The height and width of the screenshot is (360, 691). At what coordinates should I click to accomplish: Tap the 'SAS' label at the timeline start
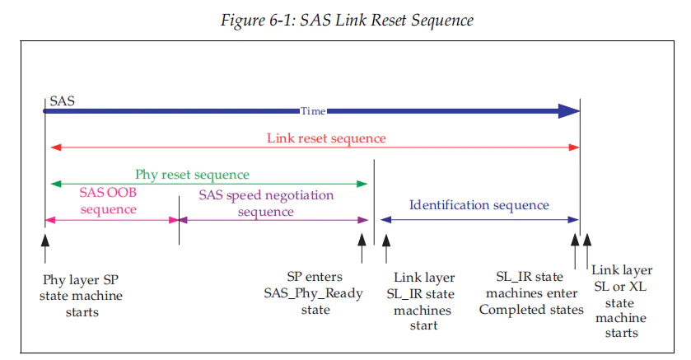(x=62, y=101)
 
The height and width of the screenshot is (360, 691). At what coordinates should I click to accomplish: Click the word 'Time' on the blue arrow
(x=313, y=111)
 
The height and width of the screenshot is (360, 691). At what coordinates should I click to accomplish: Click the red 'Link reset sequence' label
(x=326, y=138)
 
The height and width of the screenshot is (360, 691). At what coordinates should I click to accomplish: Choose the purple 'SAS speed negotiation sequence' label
(x=266, y=203)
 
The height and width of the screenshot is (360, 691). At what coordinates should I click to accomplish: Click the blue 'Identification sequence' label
(x=479, y=205)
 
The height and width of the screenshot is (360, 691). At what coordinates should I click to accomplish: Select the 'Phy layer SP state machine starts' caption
(x=80, y=296)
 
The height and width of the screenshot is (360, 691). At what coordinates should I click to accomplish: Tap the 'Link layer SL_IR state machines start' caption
(x=423, y=302)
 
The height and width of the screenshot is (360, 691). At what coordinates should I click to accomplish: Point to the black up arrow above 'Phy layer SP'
(x=45, y=248)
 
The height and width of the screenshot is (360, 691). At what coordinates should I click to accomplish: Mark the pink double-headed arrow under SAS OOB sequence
(x=112, y=220)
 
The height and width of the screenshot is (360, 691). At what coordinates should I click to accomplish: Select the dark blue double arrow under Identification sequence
(x=479, y=220)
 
